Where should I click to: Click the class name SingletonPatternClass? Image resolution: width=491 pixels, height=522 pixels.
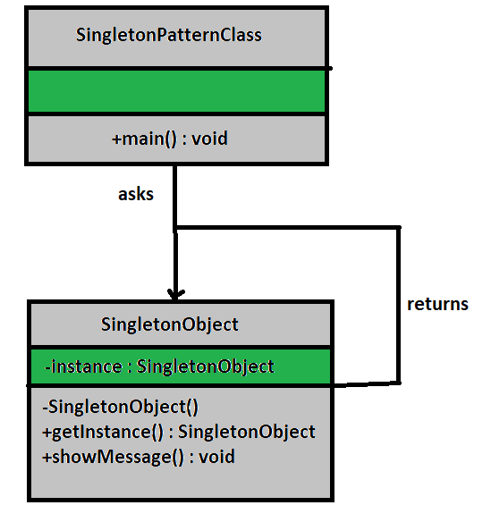pyautogui.click(x=168, y=36)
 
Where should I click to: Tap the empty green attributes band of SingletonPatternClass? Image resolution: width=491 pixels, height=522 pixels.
pyautogui.click(x=175, y=91)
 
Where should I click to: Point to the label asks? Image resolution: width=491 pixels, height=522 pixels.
pyautogui.click(x=136, y=194)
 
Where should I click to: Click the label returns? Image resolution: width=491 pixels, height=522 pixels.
pyautogui.click(x=437, y=304)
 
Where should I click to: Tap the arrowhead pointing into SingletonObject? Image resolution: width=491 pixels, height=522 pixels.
pyautogui.click(x=176, y=292)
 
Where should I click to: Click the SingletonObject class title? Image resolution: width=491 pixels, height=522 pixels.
pyautogui.click(x=170, y=324)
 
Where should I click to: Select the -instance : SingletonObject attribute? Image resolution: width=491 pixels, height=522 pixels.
pyautogui.click(x=158, y=366)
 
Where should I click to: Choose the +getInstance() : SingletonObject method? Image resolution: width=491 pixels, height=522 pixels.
pyautogui.click(x=178, y=432)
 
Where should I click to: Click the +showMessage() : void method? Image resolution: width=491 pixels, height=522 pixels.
pyautogui.click(x=138, y=457)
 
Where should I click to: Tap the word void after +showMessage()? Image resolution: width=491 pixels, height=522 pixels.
pyautogui.click(x=217, y=457)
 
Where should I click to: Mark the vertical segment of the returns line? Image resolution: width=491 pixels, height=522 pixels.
pyautogui.click(x=398, y=304)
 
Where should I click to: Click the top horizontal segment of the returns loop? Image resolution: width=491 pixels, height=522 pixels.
pyautogui.click(x=286, y=228)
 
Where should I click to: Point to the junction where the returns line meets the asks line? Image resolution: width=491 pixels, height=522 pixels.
pyautogui.click(x=176, y=228)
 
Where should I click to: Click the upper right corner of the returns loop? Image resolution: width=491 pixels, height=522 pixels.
pyautogui.click(x=398, y=228)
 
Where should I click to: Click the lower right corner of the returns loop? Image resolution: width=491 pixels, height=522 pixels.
pyautogui.click(x=398, y=382)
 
